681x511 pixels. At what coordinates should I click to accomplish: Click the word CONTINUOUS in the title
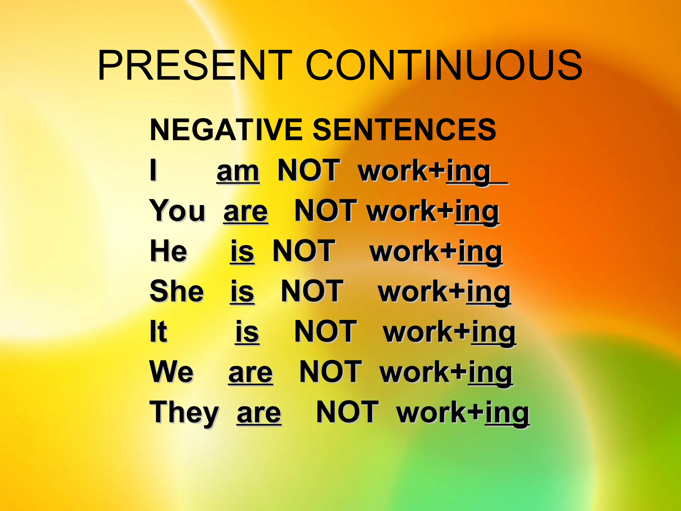click(x=444, y=65)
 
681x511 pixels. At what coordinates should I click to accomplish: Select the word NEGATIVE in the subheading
click(x=226, y=130)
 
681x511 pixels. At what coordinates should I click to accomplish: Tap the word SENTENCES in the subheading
click(x=404, y=130)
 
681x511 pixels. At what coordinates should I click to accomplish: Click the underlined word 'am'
click(x=238, y=171)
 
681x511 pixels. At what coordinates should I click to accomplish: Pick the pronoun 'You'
click(x=178, y=211)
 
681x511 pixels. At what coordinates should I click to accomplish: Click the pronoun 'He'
click(x=169, y=251)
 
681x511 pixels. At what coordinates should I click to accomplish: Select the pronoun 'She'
click(x=177, y=291)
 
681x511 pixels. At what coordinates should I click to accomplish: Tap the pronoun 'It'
click(x=158, y=332)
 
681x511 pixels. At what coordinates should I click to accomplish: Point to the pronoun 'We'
click(x=172, y=372)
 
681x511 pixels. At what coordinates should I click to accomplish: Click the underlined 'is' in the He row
click(x=242, y=252)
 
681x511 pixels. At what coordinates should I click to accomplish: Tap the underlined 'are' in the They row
click(x=259, y=413)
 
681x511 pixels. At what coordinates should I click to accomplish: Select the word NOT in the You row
click(x=326, y=211)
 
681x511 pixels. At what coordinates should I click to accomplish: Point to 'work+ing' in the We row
click(x=446, y=373)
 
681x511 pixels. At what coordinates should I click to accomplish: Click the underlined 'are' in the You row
click(x=246, y=212)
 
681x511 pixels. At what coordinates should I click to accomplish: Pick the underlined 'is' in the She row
click(x=242, y=292)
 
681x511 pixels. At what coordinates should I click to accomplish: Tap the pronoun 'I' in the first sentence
click(x=153, y=170)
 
